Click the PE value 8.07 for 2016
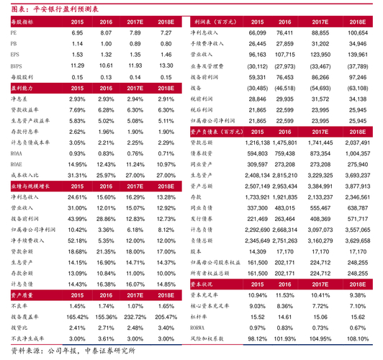pyautogui.click(x=106, y=33)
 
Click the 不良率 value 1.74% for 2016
pyautogui.click(x=106, y=285)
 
